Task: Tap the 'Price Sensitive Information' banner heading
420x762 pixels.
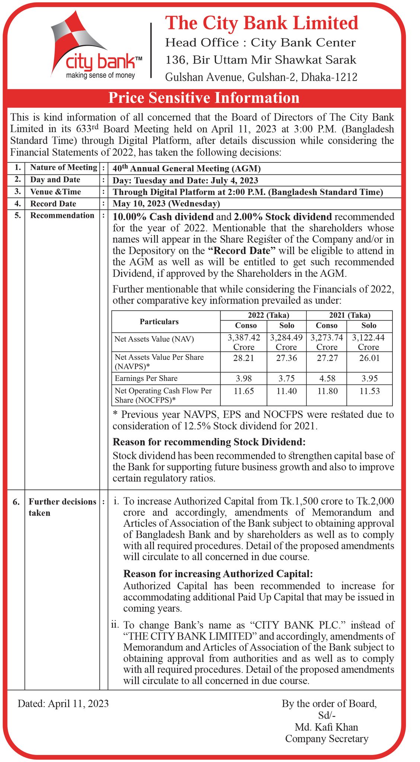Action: [204, 98]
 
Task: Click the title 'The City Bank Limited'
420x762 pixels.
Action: [261, 23]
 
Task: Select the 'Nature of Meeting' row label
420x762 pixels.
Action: [64, 167]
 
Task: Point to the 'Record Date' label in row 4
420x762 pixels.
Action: [53, 204]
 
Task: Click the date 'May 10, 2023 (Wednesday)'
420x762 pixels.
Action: [166, 204]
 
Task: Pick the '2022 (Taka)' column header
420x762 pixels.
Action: [263, 315]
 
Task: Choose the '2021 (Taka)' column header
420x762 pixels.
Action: [349, 315]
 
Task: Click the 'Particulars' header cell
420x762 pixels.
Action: [159, 321]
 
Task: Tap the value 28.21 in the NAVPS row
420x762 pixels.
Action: [244, 358]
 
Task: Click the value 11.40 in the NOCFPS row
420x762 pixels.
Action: [286, 391]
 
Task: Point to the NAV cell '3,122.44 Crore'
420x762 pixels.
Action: [368, 342]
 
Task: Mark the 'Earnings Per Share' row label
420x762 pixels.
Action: [146, 378]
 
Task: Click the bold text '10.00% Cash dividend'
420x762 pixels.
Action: [163, 217]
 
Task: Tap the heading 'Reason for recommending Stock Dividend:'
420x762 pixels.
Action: [209, 442]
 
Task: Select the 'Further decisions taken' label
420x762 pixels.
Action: [62, 507]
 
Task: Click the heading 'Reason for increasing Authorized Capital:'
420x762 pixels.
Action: [218, 574]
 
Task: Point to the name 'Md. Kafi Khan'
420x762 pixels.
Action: [326, 727]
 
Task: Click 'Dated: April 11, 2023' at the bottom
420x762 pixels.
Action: [63, 704]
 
